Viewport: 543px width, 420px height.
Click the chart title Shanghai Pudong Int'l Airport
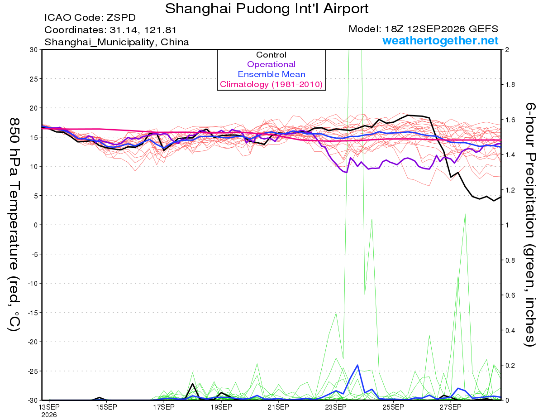point(267,9)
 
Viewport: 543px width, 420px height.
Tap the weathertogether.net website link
point(440,40)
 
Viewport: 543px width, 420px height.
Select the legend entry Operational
point(271,64)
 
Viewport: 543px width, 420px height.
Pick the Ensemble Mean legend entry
point(271,74)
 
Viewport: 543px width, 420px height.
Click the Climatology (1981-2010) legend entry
point(271,84)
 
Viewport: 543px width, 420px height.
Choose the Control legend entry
point(271,55)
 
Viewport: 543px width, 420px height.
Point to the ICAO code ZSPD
point(121,18)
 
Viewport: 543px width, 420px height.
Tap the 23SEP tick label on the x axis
point(336,407)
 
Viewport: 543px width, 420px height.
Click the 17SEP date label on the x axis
point(164,407)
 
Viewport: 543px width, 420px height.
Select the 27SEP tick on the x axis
point(450,407)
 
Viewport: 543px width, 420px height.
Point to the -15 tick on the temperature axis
point(33,313)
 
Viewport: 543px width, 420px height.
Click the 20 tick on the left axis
point(34,108)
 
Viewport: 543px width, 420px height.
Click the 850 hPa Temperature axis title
point(14,224)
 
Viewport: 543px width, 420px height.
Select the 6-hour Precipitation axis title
point(530,224)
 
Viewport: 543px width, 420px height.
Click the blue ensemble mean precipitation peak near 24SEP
point(357,365)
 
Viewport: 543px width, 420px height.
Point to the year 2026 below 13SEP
point(49,415)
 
